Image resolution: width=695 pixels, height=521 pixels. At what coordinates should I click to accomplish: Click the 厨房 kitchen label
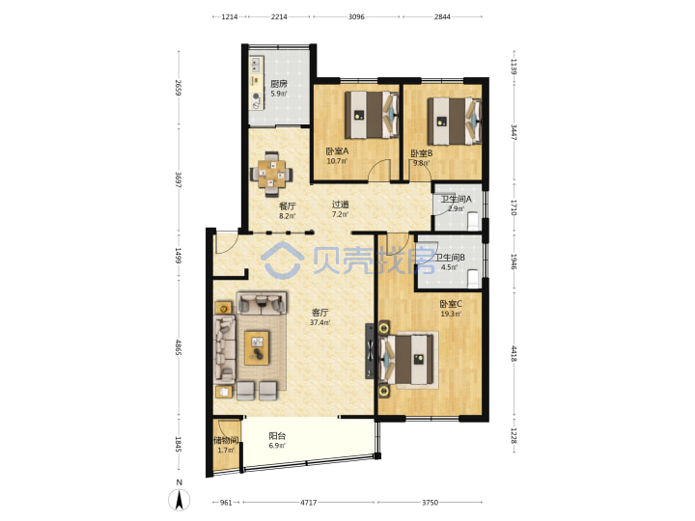click(279, 84)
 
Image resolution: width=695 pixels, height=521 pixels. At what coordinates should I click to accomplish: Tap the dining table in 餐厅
click(271, 174)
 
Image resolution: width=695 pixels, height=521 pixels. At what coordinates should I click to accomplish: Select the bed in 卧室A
click(372, 115)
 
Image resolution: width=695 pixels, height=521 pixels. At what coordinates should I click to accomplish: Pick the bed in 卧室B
click(455, 121)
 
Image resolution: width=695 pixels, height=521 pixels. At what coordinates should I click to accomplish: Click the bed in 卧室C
click(406, 359)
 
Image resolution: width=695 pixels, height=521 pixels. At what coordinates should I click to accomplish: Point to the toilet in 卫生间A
click(473, 221)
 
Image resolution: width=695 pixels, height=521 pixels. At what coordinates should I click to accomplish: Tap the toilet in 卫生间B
click(473, 278)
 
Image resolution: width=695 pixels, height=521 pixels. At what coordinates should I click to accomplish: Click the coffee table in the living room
click(257, 347)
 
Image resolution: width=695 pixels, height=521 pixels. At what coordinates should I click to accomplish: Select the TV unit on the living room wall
click(369, 351)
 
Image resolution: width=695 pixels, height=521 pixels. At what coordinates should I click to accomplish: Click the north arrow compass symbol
click(180, 500)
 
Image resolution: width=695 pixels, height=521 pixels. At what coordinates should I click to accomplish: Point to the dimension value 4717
click(309, 503)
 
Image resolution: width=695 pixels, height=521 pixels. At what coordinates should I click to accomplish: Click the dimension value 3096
click(356, 16)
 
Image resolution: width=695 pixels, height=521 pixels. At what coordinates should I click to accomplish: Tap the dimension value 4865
click(179, 347)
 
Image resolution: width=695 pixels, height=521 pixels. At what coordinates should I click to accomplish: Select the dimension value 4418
click(514, 353)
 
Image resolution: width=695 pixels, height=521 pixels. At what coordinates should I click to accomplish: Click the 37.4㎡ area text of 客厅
click(320, 322)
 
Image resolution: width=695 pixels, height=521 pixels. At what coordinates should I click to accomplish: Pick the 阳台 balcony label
click(277, 436)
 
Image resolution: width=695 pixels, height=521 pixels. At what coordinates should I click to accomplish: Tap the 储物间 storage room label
click(226, 440)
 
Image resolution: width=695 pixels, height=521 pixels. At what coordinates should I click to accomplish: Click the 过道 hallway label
click(341, 205)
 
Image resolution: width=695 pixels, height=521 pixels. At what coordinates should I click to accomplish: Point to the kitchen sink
click(257, 66)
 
